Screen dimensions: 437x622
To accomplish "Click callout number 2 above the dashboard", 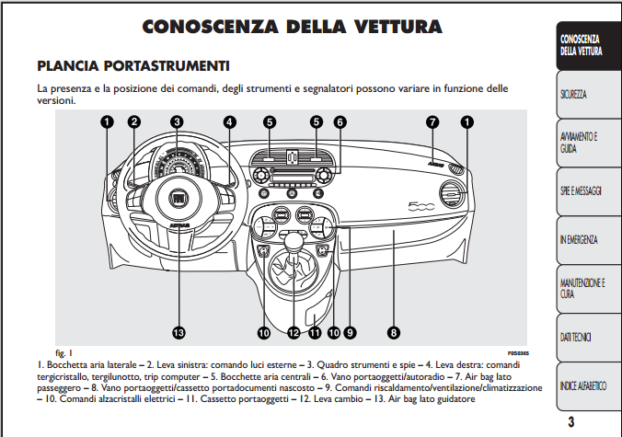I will click(134, 121).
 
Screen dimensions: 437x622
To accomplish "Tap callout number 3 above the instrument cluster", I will click(176, 121).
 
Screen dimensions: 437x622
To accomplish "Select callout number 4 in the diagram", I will click(229, 121).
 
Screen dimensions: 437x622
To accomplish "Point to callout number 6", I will click(340, 121).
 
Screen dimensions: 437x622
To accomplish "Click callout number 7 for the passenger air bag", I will click(432, 121).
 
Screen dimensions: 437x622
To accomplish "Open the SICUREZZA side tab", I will click(584, 95).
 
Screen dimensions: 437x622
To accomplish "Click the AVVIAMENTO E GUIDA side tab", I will click(584, 143).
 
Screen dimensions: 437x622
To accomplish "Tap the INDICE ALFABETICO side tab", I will click(584, 387).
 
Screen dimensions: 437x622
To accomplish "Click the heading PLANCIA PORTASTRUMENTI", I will click(132, 66).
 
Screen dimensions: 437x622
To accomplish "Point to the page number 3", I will click(570, 423).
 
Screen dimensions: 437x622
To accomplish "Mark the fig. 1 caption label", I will click(64, 352).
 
